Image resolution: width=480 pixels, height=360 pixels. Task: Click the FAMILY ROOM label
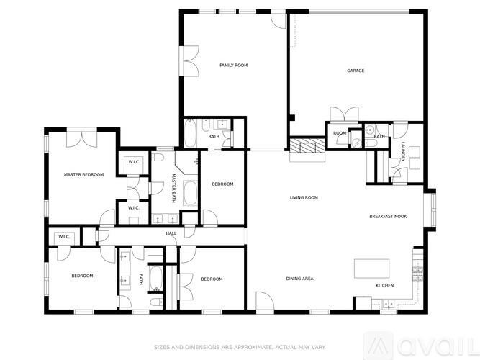233,66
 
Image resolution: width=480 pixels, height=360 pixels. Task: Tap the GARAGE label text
356,71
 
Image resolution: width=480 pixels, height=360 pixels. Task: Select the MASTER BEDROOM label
83,174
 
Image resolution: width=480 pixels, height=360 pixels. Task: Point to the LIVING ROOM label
304,197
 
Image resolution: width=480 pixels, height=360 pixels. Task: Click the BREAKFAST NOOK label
388,217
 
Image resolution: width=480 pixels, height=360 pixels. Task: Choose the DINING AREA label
300,279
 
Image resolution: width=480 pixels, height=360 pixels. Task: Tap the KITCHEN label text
385,286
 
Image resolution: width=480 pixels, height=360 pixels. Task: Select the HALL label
171,233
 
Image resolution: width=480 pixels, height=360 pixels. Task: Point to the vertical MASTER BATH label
174,186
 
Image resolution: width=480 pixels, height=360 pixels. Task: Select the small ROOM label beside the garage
340,133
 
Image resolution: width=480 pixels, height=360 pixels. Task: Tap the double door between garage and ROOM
343,115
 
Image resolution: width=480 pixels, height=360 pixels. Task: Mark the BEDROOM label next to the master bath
222,184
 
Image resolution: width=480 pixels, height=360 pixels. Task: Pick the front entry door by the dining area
264,302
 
